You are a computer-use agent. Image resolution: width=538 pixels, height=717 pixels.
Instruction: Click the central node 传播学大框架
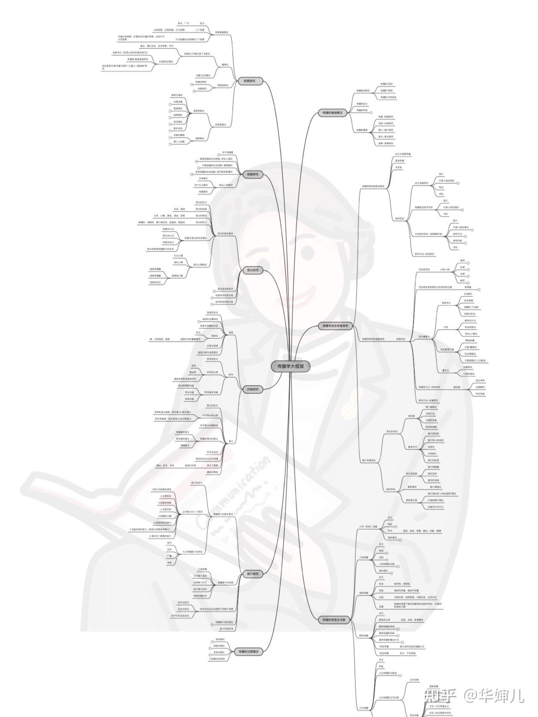coord(290,366)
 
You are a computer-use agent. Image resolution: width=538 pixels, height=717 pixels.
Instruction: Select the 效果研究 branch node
coord(250,81)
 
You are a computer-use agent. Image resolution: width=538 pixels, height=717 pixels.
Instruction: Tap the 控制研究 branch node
coord(253,174)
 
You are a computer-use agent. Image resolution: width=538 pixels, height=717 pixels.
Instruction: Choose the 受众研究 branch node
coord(253,270)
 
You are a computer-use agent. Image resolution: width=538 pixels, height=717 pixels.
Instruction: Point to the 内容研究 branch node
coord(253,389)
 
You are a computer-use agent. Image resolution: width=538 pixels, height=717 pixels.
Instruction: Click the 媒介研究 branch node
coord(253,574)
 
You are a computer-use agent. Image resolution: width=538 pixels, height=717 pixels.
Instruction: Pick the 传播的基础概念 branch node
coord(332,113)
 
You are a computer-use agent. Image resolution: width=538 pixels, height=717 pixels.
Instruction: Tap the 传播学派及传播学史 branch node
coord(335,326)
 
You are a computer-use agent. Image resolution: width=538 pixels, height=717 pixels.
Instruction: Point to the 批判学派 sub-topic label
coord(399,219)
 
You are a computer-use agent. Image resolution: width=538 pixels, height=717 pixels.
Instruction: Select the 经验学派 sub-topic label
coord(401,338)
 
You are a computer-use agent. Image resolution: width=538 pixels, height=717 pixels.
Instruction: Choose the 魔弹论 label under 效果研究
coord(225,64)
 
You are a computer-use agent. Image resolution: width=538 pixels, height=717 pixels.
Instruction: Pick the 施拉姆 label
coord(456,387)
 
